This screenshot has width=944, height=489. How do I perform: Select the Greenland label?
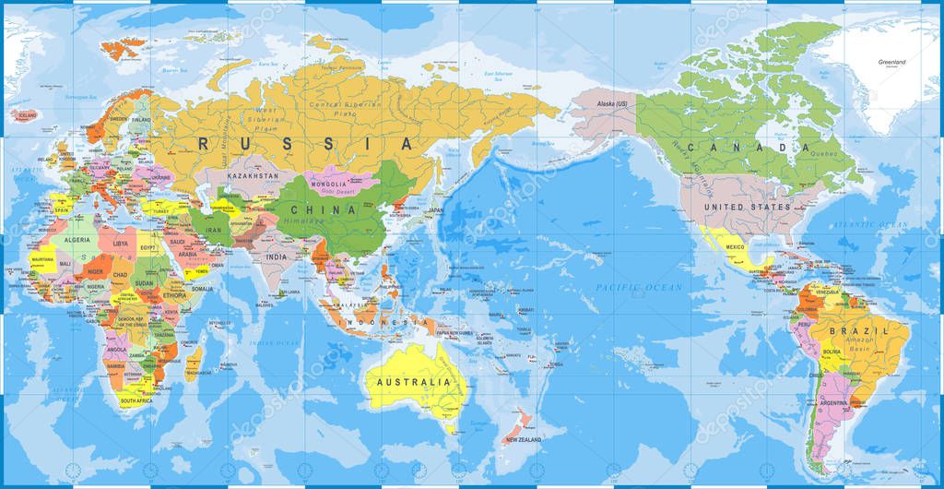pyautogui.click(x=892, y=62)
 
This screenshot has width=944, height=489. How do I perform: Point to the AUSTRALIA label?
pyautogui.click(x=411, y=381)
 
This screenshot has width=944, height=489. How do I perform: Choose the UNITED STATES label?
pyautogui.click(x=748, y=208)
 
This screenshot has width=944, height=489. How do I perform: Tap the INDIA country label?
pyautogui.click(x=276, y=257)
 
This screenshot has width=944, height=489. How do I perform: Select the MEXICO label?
pyautogui.click(x=735, y=247)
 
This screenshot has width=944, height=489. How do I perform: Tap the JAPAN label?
pyautogui.click(x=436, y=210)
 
